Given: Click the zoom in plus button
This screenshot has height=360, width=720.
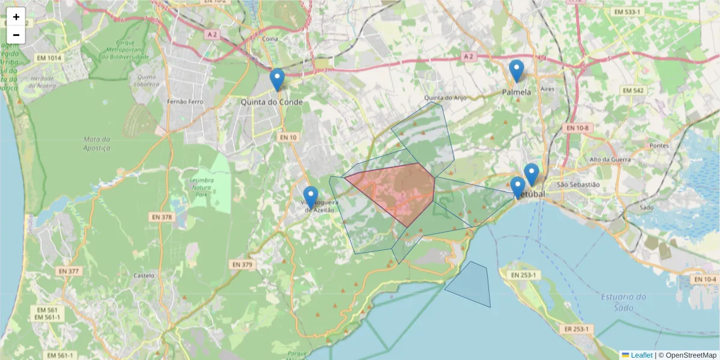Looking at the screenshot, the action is (x=16, y=17).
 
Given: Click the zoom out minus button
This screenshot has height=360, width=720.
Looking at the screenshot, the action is (x=16, y=35).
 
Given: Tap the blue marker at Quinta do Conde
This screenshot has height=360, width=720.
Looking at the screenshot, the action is (x=277, y=79).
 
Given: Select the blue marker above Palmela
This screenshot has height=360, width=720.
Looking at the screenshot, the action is (x=516, y=71).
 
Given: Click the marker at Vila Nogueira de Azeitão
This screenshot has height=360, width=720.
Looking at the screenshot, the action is (x=310, y=197).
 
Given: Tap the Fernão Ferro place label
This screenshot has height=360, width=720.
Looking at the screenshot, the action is (x=185, y=102).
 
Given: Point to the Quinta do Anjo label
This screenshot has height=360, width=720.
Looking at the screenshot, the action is (x=445, y=98).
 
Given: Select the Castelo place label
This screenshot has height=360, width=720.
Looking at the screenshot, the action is (x=144, y=276).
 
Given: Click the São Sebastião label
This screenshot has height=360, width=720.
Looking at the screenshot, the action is (x=578, y=185).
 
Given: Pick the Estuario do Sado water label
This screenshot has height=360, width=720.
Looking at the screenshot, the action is (x=623, y=302).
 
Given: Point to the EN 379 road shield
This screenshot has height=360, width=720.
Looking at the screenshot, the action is (x=242, y=265).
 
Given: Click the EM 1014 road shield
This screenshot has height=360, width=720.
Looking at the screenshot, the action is (x=49, y=58).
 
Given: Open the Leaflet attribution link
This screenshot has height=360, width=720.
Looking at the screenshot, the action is (x=641, y=355).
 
